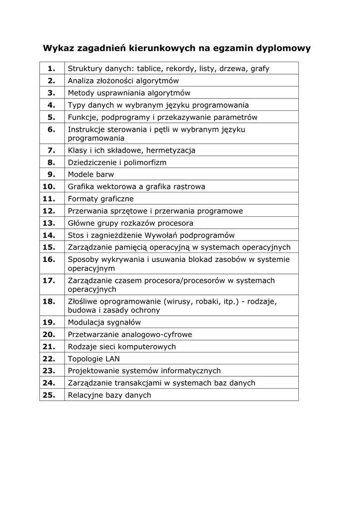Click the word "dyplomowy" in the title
tap(283, 48)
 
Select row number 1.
tap(51, 68)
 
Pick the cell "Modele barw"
tap(90, 174)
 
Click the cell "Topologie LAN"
tap(93, 359)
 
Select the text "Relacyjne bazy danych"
tap(109, 395)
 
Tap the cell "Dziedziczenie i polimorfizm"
tap(117, 163)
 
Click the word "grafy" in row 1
tap(260, 69)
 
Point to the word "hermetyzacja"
tap(171, 151)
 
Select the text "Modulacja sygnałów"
tap(104, 322)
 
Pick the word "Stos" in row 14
tap(76, 235)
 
